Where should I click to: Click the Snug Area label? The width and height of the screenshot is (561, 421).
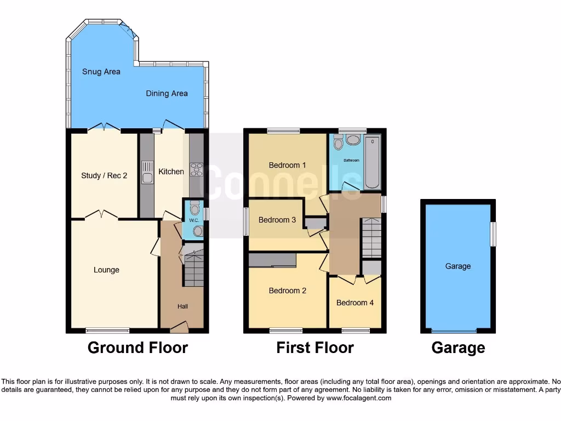[x=101, y=72]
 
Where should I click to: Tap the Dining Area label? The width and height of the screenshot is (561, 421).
[x=167, y=94]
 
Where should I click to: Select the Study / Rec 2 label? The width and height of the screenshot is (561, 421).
[x=104, y=175]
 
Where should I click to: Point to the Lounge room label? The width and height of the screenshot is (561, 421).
[x=106, y=270]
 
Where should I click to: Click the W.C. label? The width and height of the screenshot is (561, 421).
[x=193, y=220]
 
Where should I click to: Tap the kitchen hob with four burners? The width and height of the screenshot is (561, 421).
[x=196, y=170]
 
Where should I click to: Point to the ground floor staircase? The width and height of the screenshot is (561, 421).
[x=193, y=269]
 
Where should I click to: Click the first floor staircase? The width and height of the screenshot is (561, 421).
[x=371, y=237]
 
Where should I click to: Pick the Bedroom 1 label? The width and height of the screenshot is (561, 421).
[x=288, y=165]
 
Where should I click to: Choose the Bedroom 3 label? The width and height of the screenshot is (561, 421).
[x=277, y=220]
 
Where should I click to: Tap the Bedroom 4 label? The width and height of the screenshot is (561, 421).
[x=355, y=303]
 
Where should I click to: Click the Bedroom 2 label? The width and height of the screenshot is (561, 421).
[x=288, y=291]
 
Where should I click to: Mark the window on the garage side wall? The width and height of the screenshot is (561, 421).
[x=493, y=234]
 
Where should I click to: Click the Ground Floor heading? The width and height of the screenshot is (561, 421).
[x=138, y=348]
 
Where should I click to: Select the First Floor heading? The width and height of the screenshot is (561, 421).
[x=315, y=348]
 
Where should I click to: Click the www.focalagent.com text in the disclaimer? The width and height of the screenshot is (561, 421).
[x=359, y=399]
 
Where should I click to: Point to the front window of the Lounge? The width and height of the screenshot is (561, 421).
[x=107, y=331]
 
